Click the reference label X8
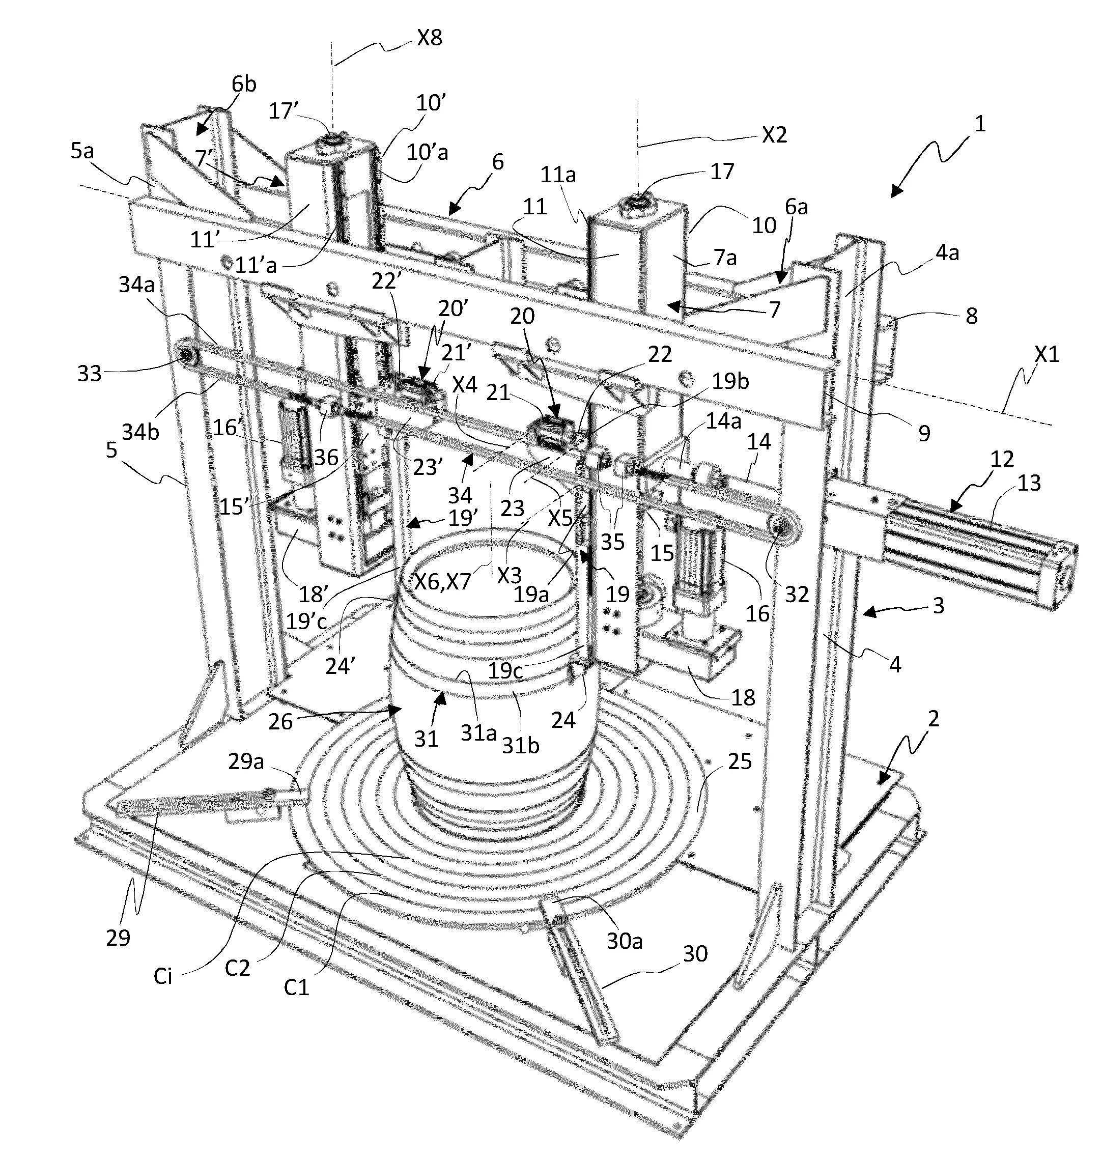coord(430,39)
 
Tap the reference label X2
coord(774,136)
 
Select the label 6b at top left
coord(244,84)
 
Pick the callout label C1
coord(296,987)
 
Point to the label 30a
coord(624,941)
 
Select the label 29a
coord(246,762)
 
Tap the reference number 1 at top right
coord(979,124)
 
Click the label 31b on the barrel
coord(520,745)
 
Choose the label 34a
coord(136,286)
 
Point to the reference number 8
coord(972,316)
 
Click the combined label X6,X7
coord(442,582)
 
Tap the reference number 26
coord(280,721)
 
